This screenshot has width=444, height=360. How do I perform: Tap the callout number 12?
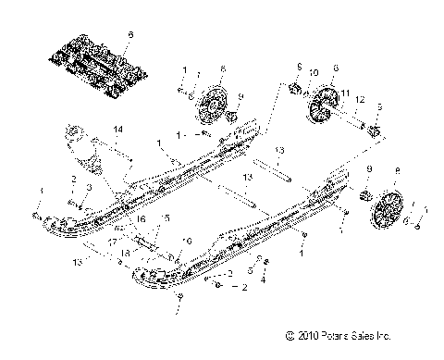tap(361, 99)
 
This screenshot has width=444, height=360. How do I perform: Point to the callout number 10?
tap(313, 72)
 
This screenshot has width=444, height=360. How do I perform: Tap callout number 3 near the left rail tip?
tap(90, 187)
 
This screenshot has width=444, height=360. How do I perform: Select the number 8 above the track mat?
tap(130, 33)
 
